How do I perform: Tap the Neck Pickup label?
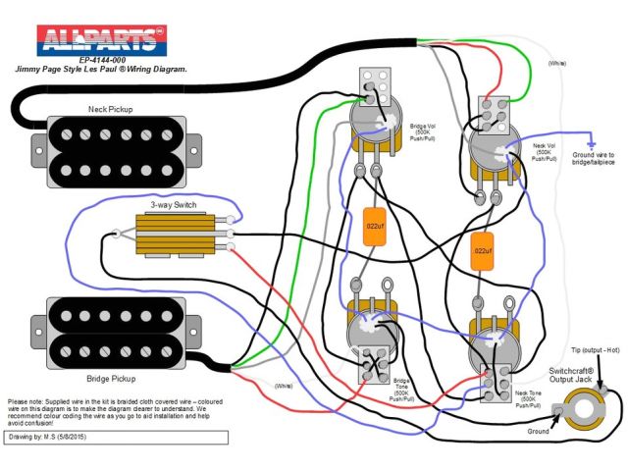110,109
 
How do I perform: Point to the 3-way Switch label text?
174,206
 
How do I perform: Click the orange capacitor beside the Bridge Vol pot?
374,225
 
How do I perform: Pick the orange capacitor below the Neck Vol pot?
481,250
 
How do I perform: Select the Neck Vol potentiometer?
497,152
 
